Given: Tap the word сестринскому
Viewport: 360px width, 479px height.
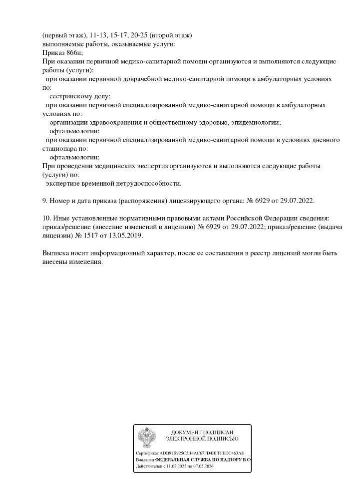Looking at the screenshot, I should pyautogui.click(x=70, y=96).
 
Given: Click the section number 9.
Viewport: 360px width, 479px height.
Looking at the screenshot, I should pyautogui.click(x=45, y=201).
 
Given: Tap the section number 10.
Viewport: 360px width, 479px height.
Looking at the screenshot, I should pyautogui.click(x=46, y=219).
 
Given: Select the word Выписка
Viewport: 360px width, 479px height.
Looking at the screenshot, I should pyautogui.click(x=55, y=253).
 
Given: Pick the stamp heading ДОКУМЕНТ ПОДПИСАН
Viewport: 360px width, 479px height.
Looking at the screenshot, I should pyautogui.click(x=202, y=432).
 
